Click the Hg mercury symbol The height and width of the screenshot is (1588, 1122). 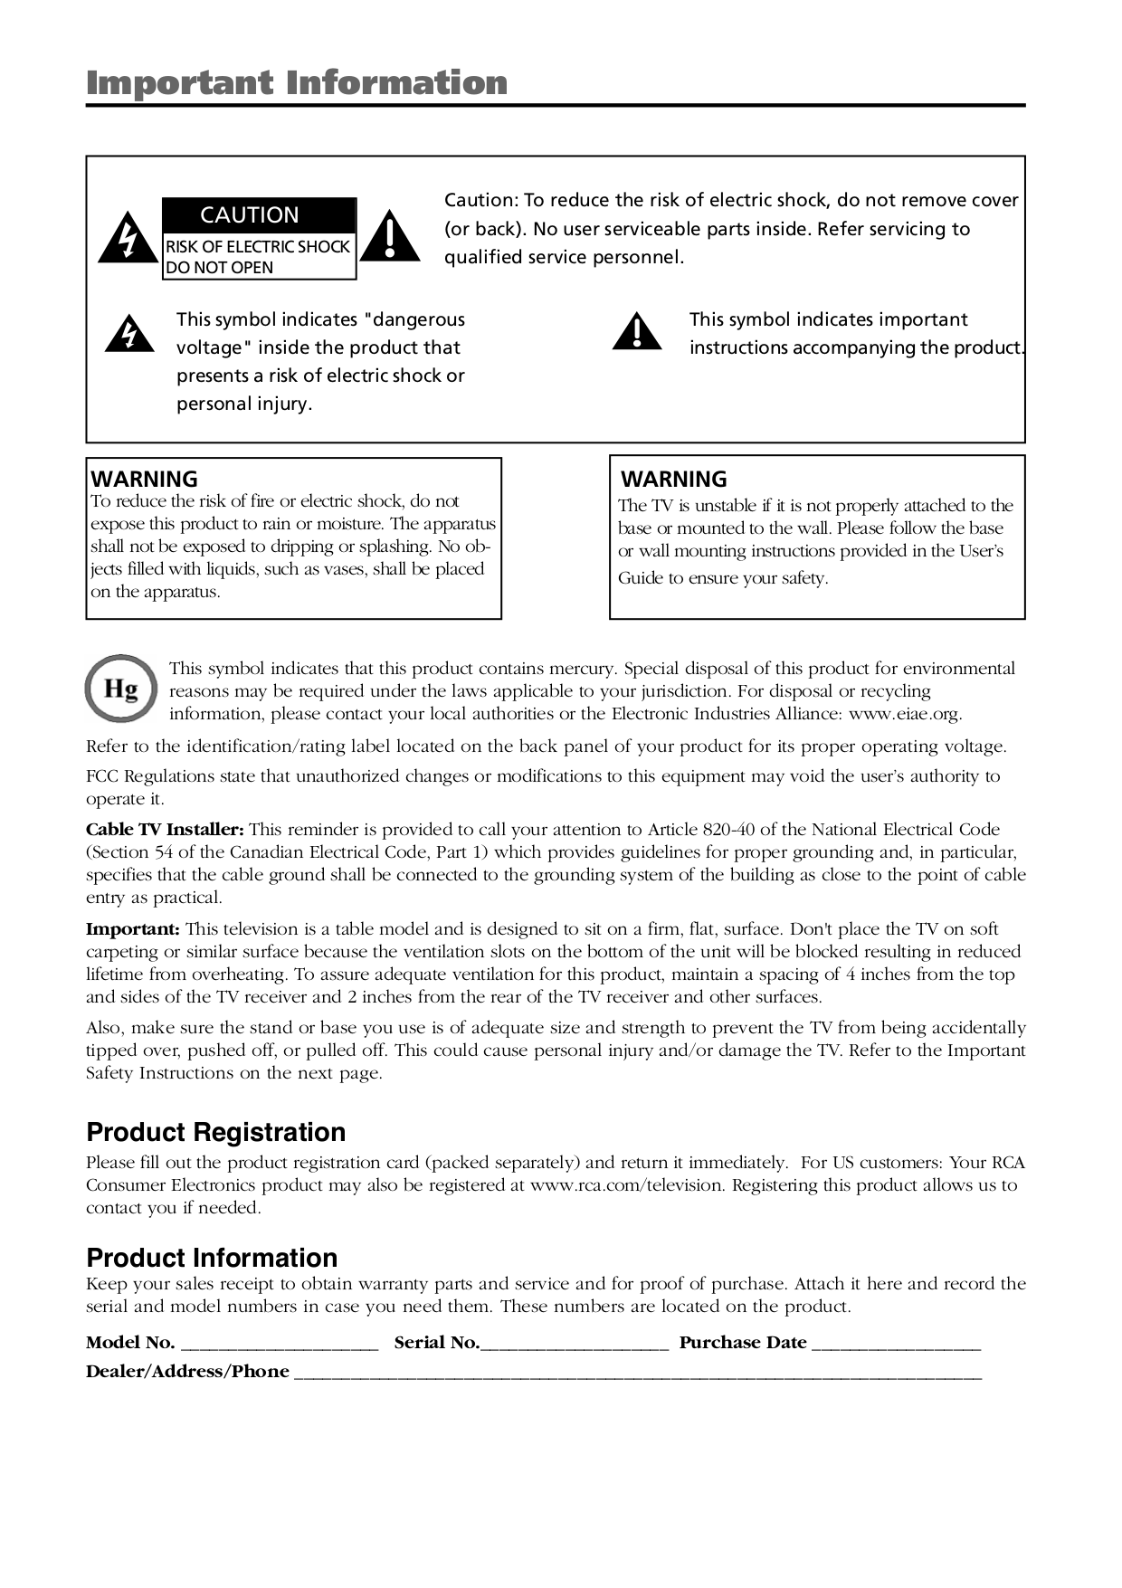pyautogui.click(x=121, y=689)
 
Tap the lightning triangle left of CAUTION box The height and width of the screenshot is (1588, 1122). pyautogui.click(x=128, y=238)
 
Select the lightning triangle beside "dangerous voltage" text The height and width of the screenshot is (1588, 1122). pyautogui.click(x=129, y=334)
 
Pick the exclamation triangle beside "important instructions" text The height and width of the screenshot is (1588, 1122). pyautogui.click(x=637, y=332)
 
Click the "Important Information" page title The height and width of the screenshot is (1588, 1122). pyautogui.click(x=297, y=83)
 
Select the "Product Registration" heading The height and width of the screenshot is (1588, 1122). pyautogui.click(x=215, y=1132)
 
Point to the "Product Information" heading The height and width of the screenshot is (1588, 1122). pyautogui.click(x=212, y=1258)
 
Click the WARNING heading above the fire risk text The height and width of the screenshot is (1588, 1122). pyautogui.click(x=144, y=479)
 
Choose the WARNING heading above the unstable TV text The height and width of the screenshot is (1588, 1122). pyautogui.click(x=674, y=479)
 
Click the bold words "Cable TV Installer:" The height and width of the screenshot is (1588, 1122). pyautogui.click(x=165, y=830)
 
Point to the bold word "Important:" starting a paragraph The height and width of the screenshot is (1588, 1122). pyautogui.click(x=133, y=929)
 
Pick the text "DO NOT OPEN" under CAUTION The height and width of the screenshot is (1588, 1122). pyautogui.click(x=219, y=268)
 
